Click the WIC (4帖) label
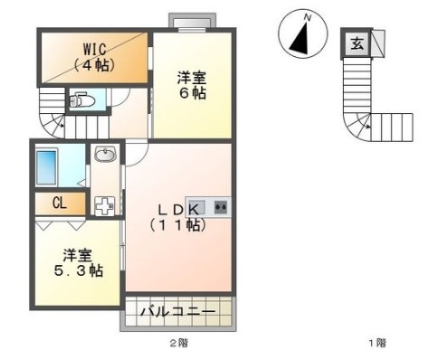pos(95,57)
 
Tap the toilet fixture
pos(78,100)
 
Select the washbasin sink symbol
pos(105,154)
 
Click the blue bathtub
pos(46,167)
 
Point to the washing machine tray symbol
pos(105,206)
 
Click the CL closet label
pos(59,204)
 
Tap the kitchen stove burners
pos(221,207)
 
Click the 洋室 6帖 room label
pos(192,86)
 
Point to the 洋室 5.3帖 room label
pos(79,263)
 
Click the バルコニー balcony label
pos(178,311)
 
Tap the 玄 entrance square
pos(356,43)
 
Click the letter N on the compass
pos(308,18)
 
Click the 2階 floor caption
pos(179,343)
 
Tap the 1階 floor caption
pos(377,343)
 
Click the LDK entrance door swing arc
pos(142,159)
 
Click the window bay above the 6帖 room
pos(192,23)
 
